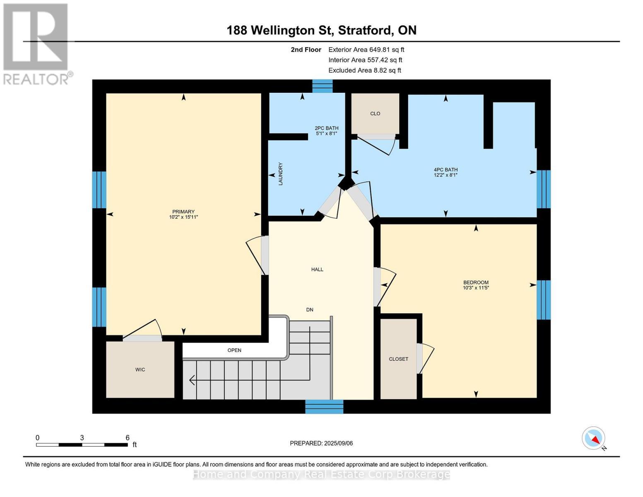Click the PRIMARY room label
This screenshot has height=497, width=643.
coord(183,211)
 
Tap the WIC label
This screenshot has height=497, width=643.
coord(140,369)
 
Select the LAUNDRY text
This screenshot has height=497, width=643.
coord(281,174)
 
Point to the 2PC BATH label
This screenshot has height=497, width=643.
coord(326,128)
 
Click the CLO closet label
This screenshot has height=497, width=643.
coord(375,113)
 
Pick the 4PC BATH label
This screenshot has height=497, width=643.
coord(446,170)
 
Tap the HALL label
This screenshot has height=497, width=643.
coord(317,269)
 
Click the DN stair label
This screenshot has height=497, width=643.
coord(310,310)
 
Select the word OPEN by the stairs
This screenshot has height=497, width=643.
coord(234,350)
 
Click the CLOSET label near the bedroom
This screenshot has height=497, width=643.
coord(398,359)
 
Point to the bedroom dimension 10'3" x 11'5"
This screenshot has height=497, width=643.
coord(476,287)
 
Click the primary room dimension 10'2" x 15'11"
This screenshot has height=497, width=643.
coord(183,217)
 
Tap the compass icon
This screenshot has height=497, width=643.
coord(593,438)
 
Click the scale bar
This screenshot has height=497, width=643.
coord(82,444)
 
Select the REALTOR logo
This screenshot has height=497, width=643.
coord(37,44)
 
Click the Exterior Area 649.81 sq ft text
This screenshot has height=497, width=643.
coord(366,50)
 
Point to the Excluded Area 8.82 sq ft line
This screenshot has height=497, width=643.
coord(364,70)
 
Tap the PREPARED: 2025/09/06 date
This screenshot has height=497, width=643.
coord(321,443)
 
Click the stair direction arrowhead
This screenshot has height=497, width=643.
coord(192,380)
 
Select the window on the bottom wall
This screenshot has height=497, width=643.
coord(324,406)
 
